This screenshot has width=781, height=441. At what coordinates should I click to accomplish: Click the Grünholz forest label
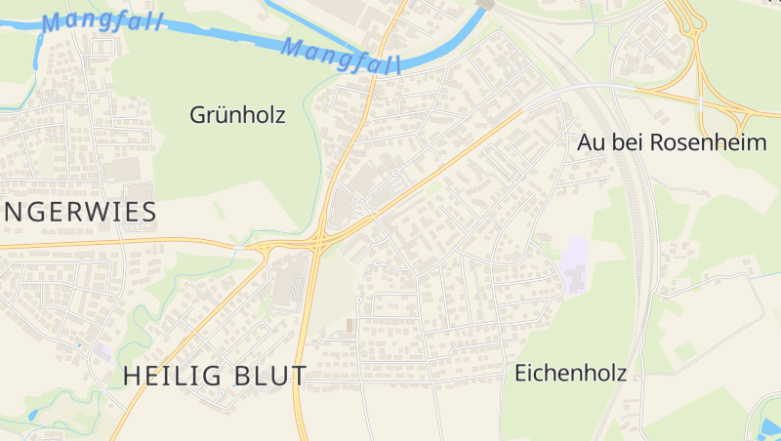click(x=237, y=115)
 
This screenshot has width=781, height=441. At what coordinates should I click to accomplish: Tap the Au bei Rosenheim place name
click(x=672, y=142)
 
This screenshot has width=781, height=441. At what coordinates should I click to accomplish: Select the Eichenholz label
click(x=570, y=373)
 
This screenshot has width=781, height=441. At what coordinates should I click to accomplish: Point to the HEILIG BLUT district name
click(x=215, y=376)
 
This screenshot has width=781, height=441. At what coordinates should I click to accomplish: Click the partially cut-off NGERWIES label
click(x=79, y=212)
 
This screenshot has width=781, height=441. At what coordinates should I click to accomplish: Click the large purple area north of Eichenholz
click(x=577, y=265)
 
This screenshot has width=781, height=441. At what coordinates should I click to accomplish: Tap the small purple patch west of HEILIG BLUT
click(x=103, y=350)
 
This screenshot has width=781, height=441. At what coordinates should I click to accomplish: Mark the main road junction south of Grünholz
click(x=319, y=241)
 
